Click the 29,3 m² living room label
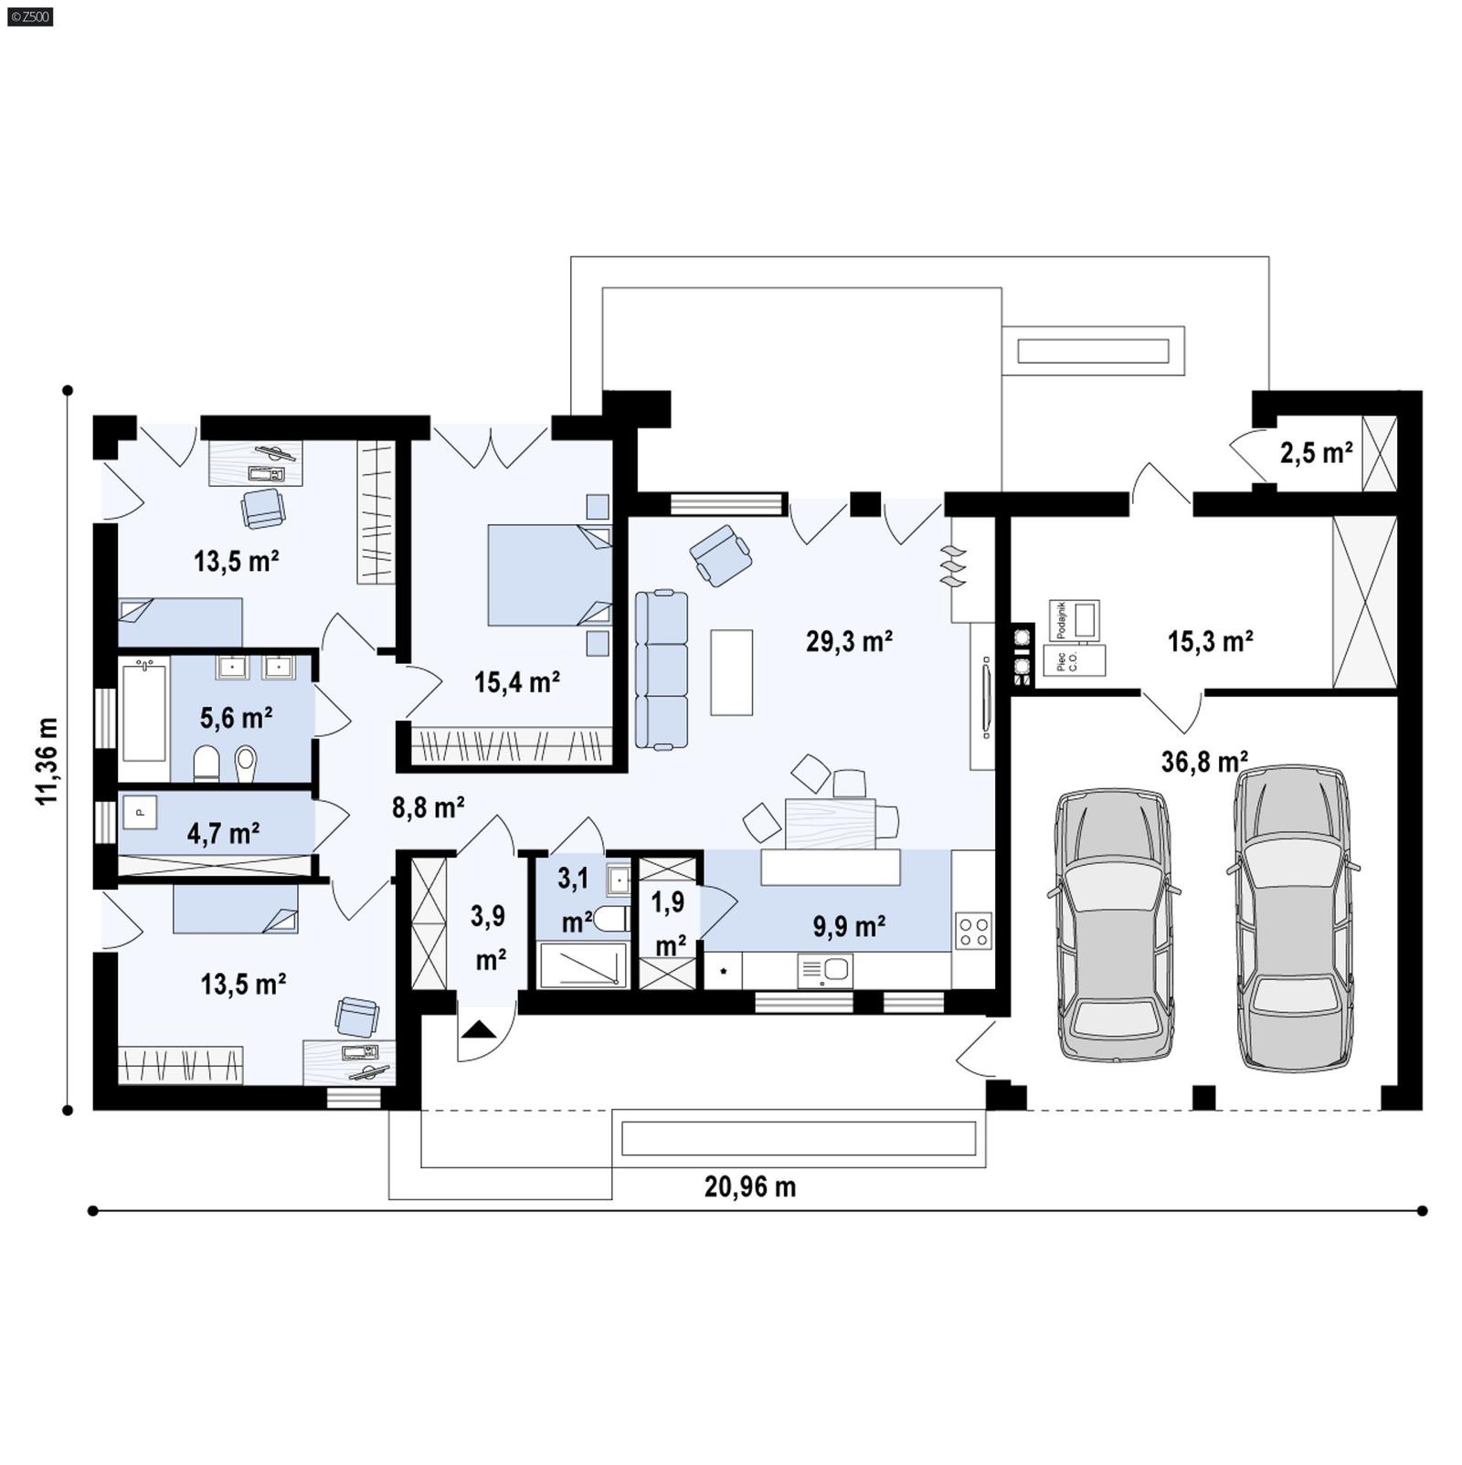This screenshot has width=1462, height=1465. (x=848, y=642)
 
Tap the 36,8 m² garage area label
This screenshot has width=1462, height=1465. (x=1203, y=761)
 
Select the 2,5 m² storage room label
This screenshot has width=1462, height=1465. (x=1315, y=453)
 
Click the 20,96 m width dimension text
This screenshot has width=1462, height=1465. (x=749, y=1186)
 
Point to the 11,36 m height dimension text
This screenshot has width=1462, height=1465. (x=48, y=761)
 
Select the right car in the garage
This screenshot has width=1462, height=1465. (x=1292, y=916)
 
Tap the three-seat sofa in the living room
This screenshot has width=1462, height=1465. (x=662, y=669)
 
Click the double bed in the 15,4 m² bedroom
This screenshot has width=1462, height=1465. (x=549, y=574)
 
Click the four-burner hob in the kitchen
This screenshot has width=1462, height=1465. (x=973, y=932)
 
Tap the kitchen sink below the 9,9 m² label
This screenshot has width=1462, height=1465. (x=825, y=970)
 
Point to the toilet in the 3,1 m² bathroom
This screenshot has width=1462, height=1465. (x=610, y=919)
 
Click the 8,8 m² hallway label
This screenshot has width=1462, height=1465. (x=428, y=807)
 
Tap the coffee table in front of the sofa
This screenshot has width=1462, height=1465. (x=731, y=672)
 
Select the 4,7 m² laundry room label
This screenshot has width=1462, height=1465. (x=223, y=833)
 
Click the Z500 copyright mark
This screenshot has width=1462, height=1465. (x=29, y=16)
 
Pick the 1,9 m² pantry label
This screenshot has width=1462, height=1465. (x=669, y=922)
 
